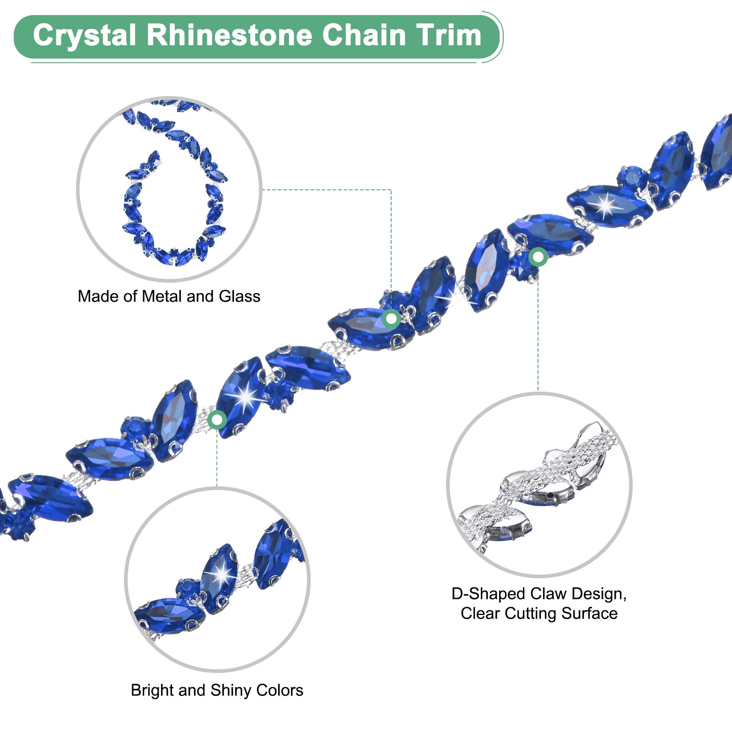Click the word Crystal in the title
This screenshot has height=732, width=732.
[x=85, y=36]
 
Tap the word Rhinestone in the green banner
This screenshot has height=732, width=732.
[x=229, y=36]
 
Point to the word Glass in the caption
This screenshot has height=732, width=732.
[x=240, y=296]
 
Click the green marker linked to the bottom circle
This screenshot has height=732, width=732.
[x=217, y=419]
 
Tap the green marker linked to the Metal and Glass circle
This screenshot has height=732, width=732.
[x=391, y=318]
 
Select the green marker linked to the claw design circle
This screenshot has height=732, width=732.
[x=538, y=257]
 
